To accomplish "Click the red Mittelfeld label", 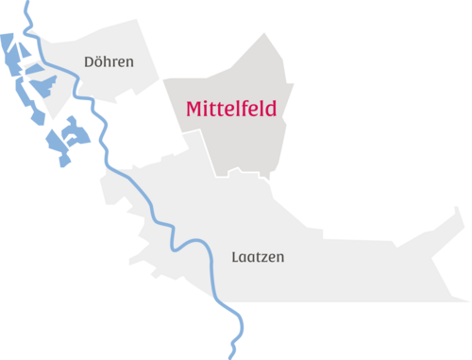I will [231, 109].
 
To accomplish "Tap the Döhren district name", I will [109, 61].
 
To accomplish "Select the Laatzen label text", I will [258, 256].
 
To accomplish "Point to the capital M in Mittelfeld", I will [194, 109].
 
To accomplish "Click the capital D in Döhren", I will [89, 61].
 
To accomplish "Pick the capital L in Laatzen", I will [235, 256].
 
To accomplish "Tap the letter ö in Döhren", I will [99, 61].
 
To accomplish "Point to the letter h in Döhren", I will [109, 61].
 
